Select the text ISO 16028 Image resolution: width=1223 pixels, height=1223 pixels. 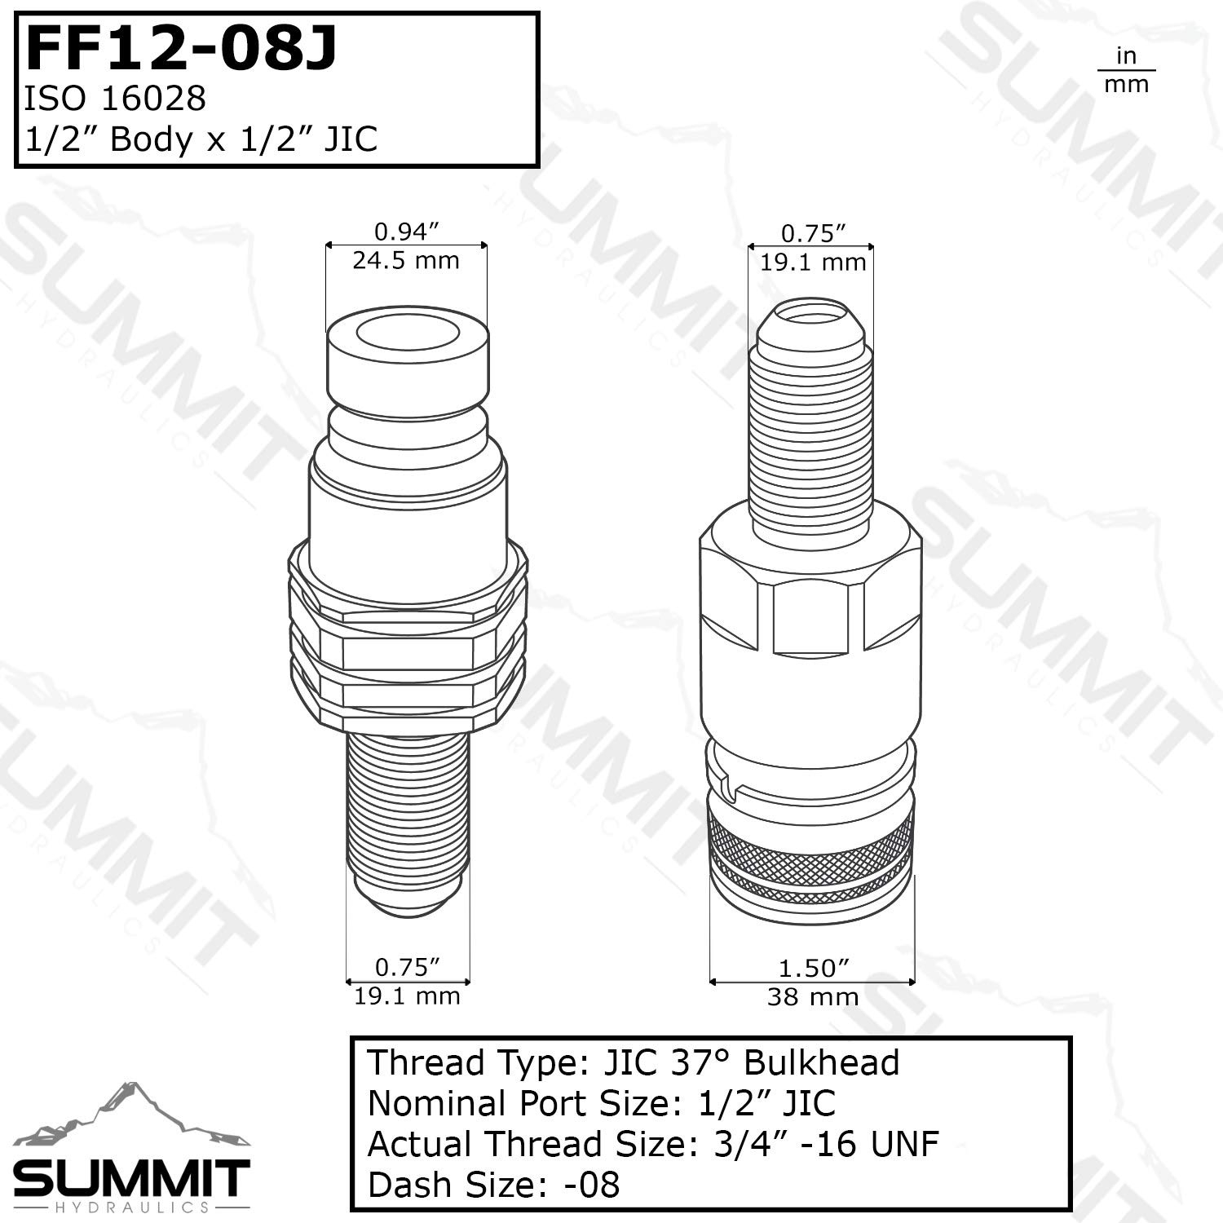click(114, 99)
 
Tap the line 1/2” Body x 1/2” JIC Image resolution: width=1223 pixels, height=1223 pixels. click(201, 139)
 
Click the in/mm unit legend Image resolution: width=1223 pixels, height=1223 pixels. click(1126, 70)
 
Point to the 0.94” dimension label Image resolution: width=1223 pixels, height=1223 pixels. click(406, 232)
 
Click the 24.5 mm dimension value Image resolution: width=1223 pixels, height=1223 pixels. click(406, 261)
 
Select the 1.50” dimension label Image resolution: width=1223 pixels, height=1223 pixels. click(813, 968)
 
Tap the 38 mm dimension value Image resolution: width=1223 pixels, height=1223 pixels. click(813, 996)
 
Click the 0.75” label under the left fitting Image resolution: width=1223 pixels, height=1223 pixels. click(407, 967)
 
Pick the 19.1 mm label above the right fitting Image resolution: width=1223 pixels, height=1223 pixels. click(813, 263)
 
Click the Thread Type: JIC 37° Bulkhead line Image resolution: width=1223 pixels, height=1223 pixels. click(633, 1063)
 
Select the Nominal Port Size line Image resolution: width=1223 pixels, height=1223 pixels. click(601, 1103)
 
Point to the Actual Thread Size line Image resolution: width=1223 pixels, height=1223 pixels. click(652, 1144)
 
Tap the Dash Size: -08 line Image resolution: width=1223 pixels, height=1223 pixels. click(493, 1185)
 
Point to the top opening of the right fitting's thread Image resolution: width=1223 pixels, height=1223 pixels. click(811, 314)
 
